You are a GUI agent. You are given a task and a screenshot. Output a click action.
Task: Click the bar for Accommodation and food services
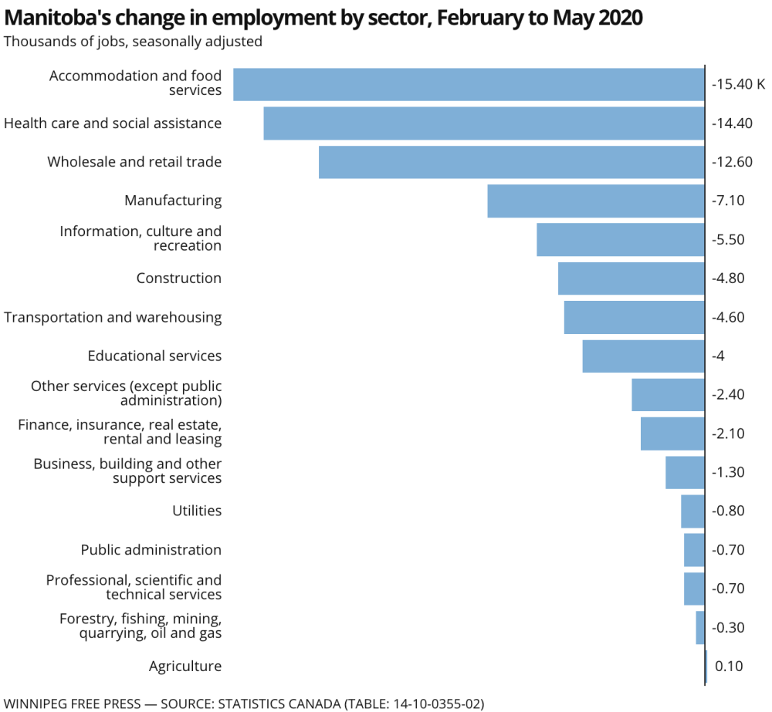pos(469,84)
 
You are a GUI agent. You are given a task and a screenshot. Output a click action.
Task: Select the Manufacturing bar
pos(596,201)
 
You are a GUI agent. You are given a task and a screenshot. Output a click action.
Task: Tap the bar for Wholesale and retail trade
pos(511,162)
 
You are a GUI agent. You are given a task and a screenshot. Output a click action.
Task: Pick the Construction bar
pos(631,278)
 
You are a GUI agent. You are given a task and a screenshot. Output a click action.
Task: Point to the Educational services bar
pos(643,356)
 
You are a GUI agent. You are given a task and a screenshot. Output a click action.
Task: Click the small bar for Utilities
pos(692,511)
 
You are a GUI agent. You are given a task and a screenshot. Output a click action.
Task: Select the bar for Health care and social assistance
pos(484,123)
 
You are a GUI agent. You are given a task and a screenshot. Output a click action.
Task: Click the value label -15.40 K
pos(738,84)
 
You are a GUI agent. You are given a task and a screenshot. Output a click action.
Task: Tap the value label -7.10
pos(728,201)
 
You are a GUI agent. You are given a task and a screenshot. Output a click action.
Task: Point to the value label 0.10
pos(729,666)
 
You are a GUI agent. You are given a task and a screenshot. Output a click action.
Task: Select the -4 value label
pos(718,356)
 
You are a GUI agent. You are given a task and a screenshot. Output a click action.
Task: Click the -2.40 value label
pos(728,395)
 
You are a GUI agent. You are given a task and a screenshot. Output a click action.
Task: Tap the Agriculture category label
pos(185,666)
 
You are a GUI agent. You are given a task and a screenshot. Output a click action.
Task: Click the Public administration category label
pos(151,550)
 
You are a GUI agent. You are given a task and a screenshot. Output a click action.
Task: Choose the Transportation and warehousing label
pos(113,317)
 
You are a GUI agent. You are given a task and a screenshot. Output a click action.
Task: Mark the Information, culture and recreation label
pos(141,238)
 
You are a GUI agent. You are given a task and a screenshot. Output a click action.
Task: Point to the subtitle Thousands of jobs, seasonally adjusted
pos(133,42)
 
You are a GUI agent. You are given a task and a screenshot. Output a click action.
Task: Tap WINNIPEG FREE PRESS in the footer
pos(73,704)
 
